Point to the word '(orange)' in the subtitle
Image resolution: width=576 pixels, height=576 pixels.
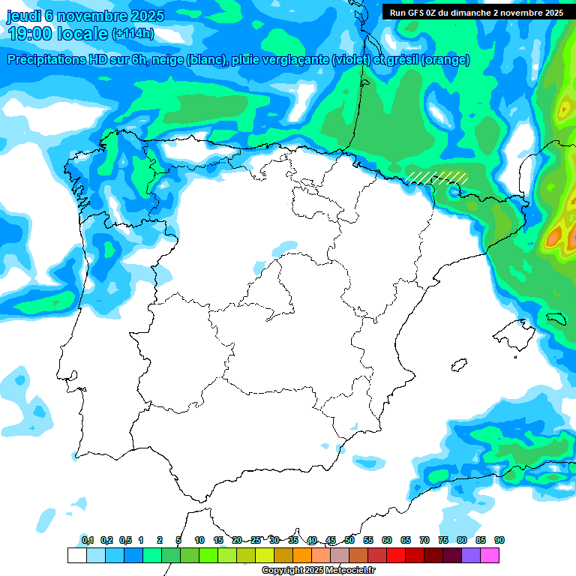click(x=446, y=60)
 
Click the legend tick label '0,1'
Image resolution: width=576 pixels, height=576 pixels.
click(x=87, y=541)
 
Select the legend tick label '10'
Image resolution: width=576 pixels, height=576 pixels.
click(x=199, y=541)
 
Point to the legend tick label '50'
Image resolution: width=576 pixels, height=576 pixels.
click(x=349, y=541)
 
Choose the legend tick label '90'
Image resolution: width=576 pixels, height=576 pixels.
click(x=499, y=541)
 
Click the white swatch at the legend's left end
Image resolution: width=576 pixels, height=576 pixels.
click(x=76, y=556)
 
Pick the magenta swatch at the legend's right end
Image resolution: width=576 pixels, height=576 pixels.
click(x=490, y=556)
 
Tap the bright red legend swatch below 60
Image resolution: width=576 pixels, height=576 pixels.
click(x=396, y=556)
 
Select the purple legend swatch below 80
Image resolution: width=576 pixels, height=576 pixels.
click(x=471, y=556)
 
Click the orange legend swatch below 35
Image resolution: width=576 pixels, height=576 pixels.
click(x=302, y=556)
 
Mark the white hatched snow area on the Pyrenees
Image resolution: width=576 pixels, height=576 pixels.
click(x=438, y=178)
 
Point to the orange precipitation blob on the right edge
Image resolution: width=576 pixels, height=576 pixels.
click(x=553, y=238)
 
